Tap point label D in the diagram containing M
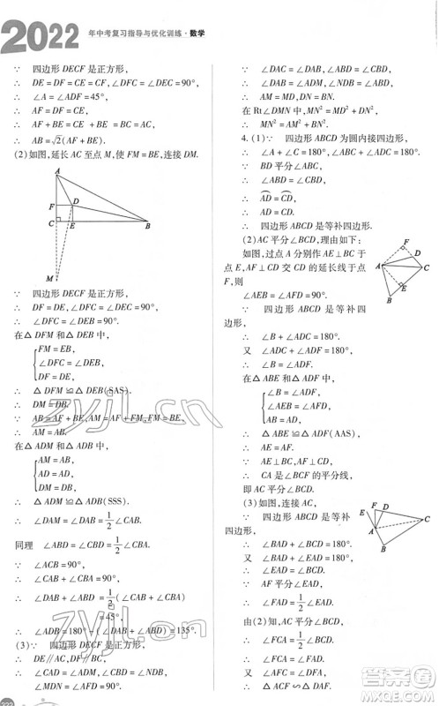point(77,202)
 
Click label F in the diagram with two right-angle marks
point(406,240)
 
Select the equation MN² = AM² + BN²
point(304,124)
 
